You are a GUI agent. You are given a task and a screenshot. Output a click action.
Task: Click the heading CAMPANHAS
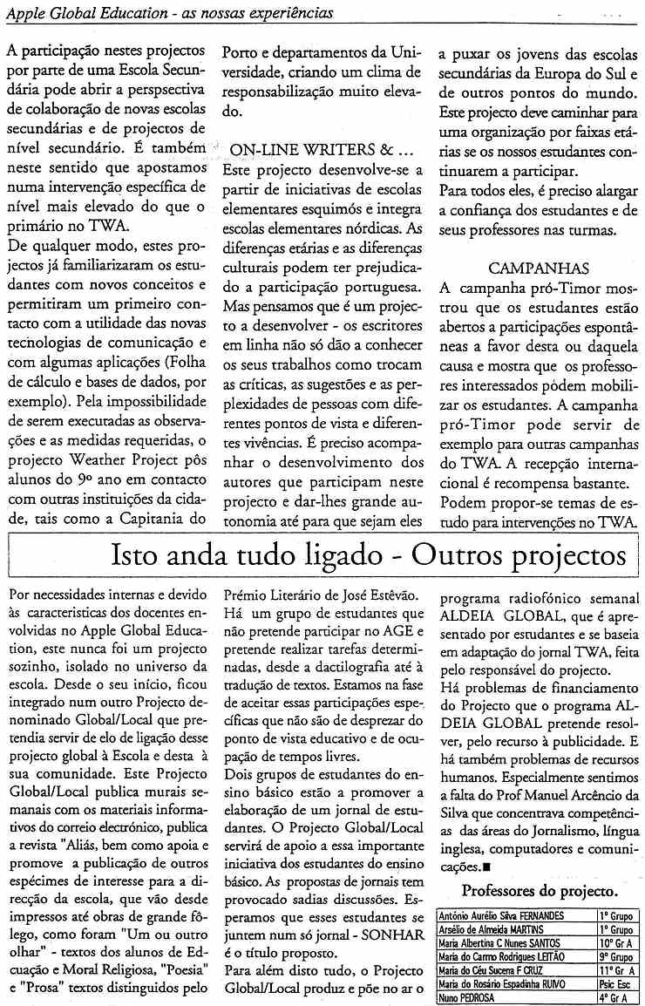pyautogui.click(x=539, y=268)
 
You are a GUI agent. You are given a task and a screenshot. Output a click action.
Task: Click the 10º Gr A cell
pyautogui.click(x=615, y=943)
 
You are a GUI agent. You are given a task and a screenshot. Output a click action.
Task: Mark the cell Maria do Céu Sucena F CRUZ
pyautogui.click(x=495, y=970)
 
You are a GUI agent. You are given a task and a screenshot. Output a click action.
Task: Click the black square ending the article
pyautogui.click(x=485, y=867)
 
